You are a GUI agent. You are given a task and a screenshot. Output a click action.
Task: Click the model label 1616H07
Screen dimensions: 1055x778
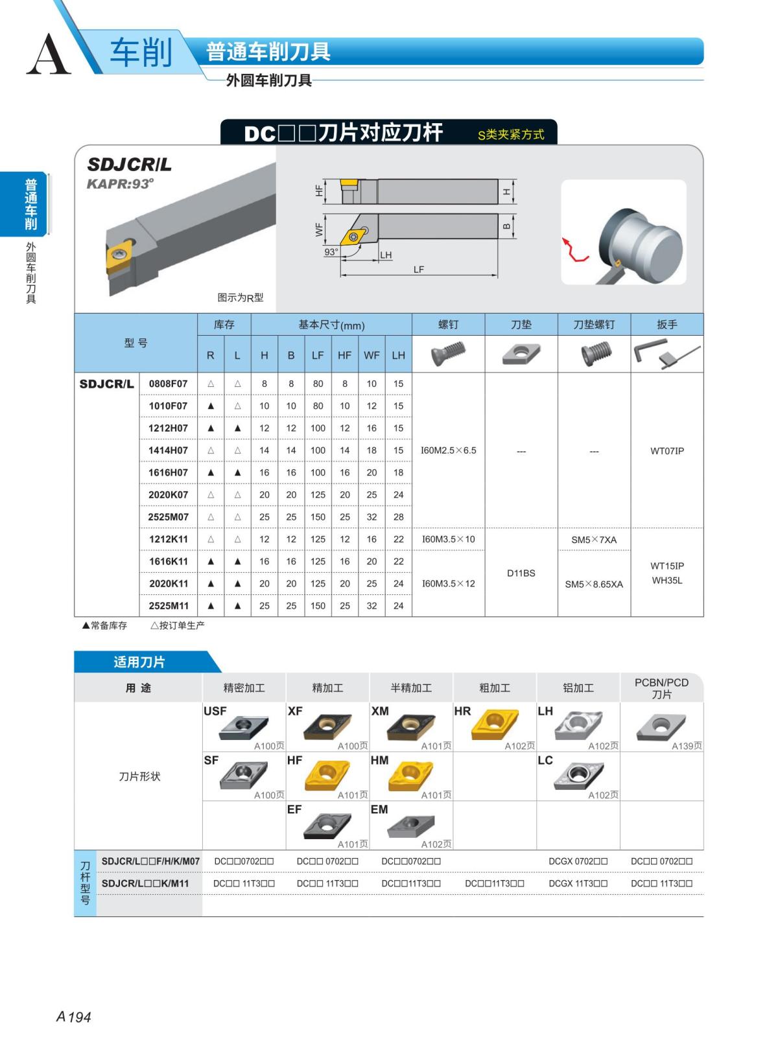pos(168,472)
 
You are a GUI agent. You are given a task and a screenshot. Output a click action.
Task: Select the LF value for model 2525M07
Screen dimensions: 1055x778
pos(318,517)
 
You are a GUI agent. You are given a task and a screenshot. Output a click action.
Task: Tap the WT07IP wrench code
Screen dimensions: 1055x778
pos(667,450)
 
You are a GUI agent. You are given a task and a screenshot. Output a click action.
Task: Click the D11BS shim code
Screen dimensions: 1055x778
pos(521,573)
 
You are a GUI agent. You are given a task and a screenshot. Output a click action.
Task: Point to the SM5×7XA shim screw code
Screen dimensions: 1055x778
pos(594,540)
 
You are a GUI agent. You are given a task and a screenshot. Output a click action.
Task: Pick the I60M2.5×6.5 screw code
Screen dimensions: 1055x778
pos(449,450)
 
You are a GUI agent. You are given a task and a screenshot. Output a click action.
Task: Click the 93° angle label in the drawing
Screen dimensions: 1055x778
pos(331,252)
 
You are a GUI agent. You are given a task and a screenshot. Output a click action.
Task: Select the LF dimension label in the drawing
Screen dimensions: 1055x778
pos(419,270)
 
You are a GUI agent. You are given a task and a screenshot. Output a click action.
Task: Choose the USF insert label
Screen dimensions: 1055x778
pos(215,711)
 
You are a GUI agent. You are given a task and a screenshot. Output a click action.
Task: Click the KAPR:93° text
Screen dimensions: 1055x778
pos(121,184)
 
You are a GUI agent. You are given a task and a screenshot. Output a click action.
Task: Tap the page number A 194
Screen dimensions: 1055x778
pos(74,1017)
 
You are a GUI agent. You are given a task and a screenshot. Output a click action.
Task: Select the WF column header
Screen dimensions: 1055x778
pos(371,355)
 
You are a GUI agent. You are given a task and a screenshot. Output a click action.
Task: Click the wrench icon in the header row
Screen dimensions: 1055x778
pos(666,354)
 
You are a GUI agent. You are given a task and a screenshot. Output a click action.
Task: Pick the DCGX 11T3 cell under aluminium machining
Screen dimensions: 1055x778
pos(578,883)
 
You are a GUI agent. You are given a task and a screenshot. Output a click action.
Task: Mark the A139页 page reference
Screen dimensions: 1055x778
pos(687,746)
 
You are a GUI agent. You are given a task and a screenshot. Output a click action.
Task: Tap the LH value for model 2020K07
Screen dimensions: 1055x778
pos(398,495)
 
